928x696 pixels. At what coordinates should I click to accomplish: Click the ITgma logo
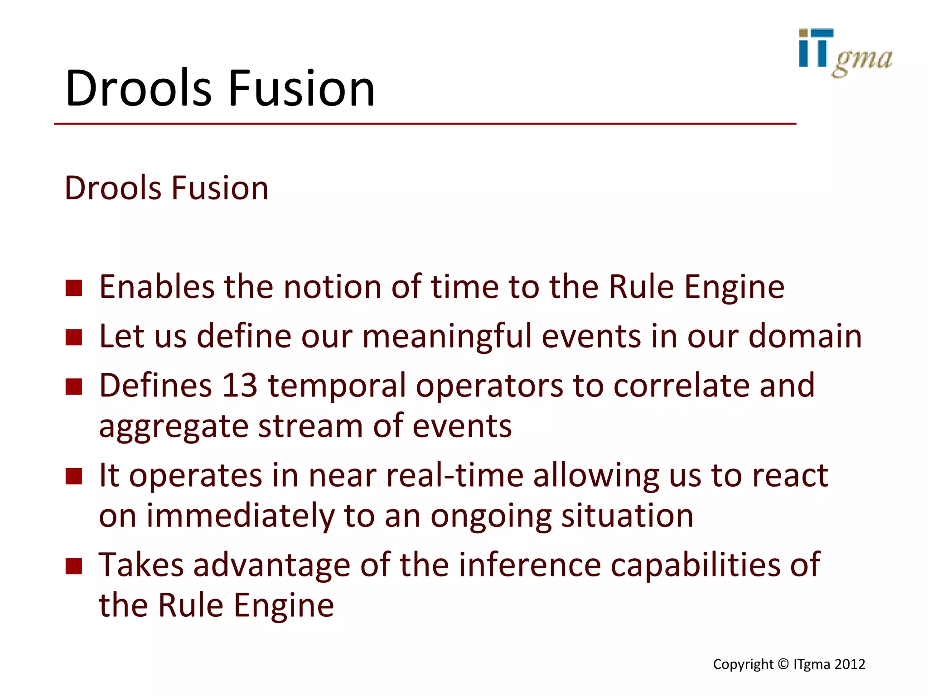click(845, 53)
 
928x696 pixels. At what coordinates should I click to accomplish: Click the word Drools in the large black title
click(138, 88)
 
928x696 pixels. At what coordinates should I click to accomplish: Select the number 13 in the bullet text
click(240, 386)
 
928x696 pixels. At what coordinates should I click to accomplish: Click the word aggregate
click(174, 427)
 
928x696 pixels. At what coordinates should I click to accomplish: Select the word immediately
click(240, 516)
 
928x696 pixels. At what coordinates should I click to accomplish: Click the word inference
click(530, 565)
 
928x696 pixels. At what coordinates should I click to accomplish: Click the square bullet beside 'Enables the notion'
click(74, 288)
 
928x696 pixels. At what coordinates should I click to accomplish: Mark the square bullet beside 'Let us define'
click(74, 337)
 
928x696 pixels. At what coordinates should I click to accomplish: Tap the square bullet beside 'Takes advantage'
click(74, 566)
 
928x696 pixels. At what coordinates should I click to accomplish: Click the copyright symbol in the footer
click(783, 664)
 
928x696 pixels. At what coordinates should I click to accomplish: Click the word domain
click(805, 336)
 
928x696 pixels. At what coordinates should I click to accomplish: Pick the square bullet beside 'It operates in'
click(74, 476)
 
